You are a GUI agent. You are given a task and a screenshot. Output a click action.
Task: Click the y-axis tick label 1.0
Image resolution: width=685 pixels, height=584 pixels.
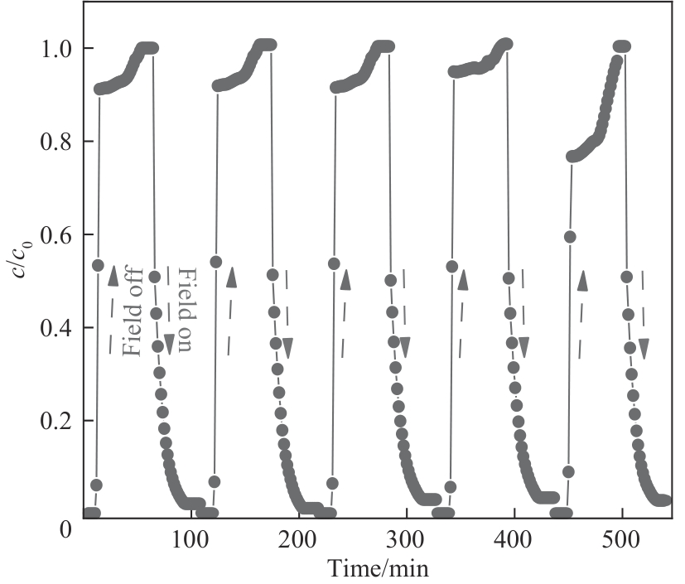click(55, 48)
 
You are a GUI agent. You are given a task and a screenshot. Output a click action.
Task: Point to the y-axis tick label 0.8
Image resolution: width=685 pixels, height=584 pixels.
click(55, 142)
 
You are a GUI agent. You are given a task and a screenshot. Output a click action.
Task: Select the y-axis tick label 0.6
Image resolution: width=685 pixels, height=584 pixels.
click(55, 235)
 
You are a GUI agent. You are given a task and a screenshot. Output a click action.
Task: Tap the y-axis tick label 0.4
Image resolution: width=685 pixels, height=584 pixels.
click(55, 329)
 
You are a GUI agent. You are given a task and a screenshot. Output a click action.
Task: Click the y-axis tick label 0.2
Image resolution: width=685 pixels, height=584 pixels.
click(55, 422)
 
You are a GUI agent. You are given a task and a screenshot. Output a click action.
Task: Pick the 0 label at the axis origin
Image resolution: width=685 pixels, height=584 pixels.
click(65, 527)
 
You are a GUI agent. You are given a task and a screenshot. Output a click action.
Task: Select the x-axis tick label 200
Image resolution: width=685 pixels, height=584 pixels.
click(298, 539)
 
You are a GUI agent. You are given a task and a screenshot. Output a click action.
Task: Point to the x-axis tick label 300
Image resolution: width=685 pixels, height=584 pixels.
click(406, 539)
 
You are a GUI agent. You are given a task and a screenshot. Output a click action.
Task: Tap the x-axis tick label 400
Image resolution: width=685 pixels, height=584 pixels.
click(514, 539)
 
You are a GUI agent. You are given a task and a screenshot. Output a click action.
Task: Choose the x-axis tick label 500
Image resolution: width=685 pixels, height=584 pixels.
click(621, 539)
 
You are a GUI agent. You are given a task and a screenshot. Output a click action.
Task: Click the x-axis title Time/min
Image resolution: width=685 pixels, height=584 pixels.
click(378, 569)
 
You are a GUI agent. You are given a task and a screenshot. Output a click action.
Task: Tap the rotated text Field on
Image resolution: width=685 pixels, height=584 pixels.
click(184, 311)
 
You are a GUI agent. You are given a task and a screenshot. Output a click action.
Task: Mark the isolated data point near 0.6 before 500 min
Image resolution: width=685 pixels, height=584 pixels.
click(570, 237)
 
